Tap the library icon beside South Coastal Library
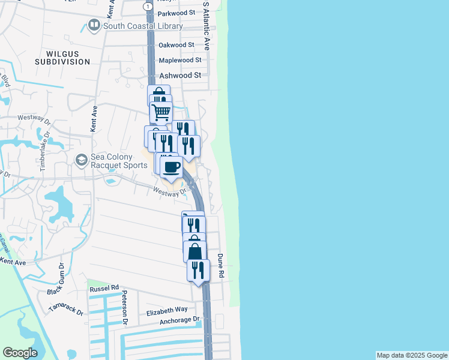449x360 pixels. point(94,25)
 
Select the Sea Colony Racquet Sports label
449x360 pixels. point(119,161)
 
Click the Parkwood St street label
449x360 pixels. point(176,12)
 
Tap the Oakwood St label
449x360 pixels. point(176,45)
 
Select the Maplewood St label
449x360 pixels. point(179,61)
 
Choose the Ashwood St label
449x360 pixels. point(180,76)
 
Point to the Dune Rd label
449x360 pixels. point(221,265)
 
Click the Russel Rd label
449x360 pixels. point(104,289)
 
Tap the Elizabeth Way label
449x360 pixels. point(167,310)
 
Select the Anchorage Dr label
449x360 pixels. point(179,320)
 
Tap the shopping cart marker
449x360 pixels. point(161,112)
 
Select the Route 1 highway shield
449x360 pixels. point(147,5)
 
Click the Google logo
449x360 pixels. point(20,353)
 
